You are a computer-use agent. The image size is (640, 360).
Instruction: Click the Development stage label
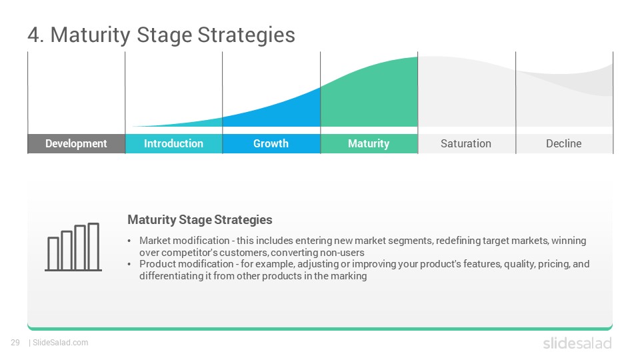coord(76,144)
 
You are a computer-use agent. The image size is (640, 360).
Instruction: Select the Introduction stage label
coord(173,144)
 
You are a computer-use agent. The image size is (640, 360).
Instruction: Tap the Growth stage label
coord(271,144)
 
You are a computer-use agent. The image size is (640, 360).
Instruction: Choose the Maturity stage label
coord(369,144)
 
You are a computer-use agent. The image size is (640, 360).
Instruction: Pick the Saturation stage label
coord(466,144)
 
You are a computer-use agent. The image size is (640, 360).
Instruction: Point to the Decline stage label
coord(564,144)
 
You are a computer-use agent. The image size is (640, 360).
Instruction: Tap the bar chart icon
coord(73,247)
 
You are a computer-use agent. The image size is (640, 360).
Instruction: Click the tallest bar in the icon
coord(93,247)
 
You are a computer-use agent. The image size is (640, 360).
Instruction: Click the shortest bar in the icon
coord(53,253)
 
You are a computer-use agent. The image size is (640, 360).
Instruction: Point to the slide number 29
coord(15,343)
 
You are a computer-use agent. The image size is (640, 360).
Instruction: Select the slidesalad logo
coord(577,343)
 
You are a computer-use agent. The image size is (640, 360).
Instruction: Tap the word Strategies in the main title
coord(246,35)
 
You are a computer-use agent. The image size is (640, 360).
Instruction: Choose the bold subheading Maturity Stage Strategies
coord(200,219)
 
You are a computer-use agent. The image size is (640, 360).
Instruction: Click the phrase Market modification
coord(185,241)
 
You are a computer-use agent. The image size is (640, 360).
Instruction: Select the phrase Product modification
coord(187,264)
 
